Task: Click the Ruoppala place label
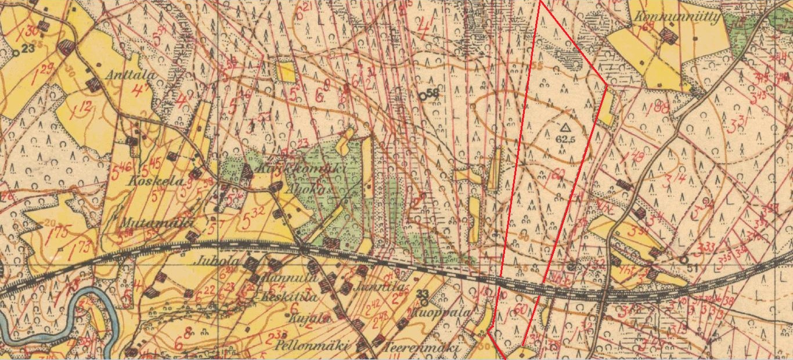click(449, 312)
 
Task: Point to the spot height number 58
click(432, 93)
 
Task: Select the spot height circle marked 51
click(684, 260)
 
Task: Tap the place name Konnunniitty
click(677, 17)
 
